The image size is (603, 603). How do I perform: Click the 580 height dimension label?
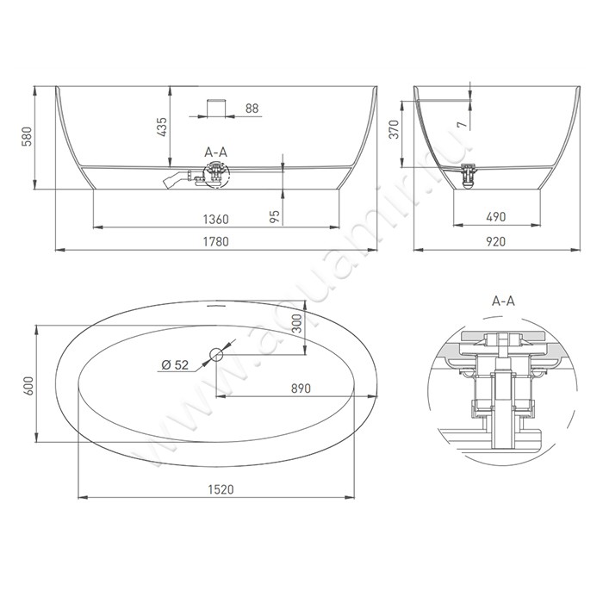26,137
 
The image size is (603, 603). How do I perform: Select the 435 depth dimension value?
162,127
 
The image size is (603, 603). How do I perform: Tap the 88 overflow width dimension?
252,109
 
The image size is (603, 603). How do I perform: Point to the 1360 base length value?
215,219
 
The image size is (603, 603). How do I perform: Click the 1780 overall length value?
215,241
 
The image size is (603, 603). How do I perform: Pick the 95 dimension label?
275,216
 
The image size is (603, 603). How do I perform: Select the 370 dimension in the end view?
395,129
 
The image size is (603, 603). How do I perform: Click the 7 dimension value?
462,125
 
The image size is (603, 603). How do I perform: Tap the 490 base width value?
495,217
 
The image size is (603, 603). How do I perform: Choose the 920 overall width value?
495,241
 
